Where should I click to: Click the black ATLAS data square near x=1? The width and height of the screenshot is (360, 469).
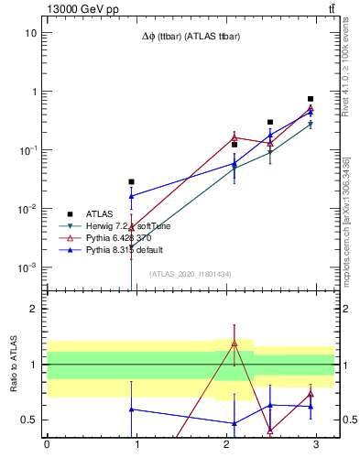[132, 181]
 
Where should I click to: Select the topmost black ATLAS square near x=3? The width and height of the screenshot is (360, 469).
[311, 99]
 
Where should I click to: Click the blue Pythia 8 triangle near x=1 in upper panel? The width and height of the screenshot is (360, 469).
[132, 196]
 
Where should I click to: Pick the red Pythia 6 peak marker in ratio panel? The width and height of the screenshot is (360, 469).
[235, 344]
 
